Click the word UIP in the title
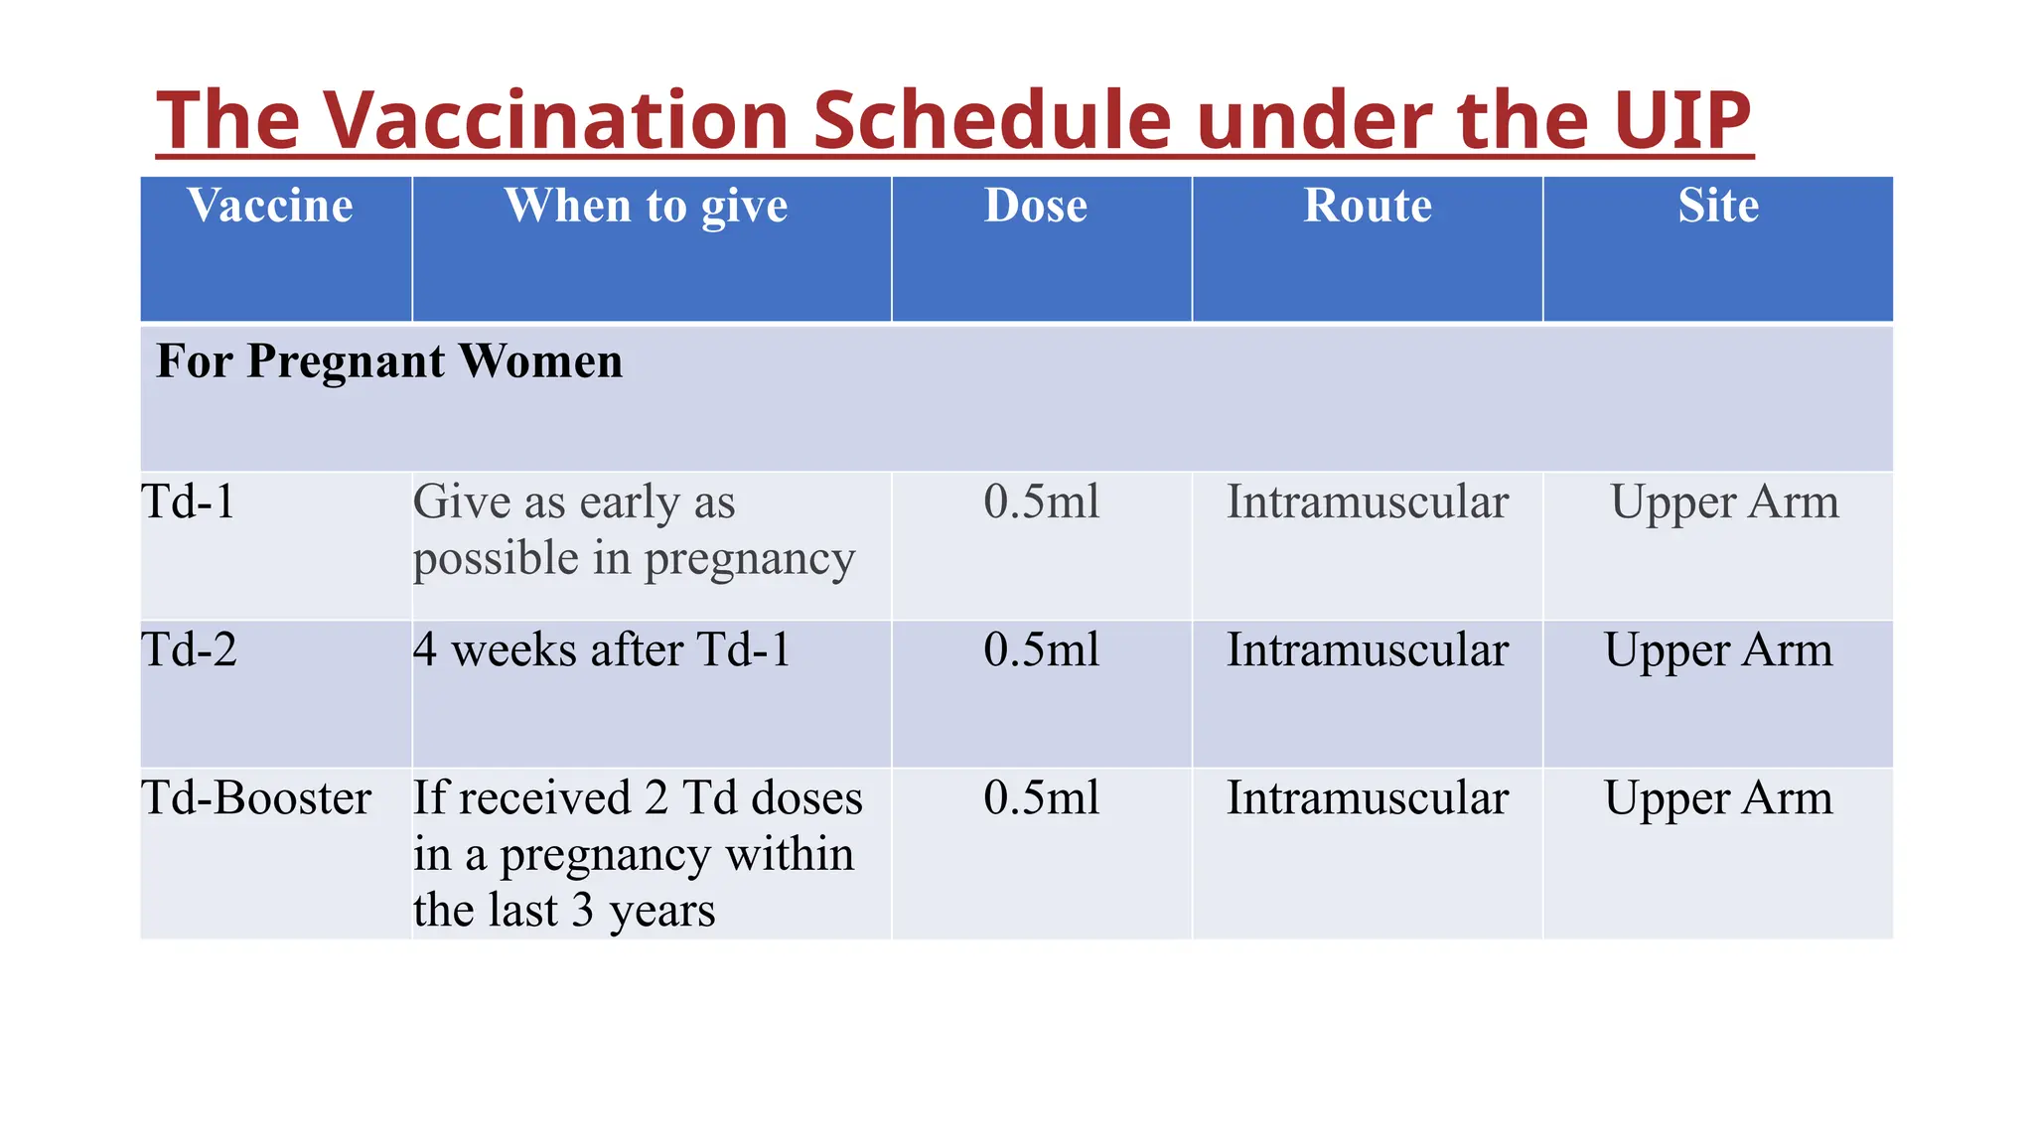pos(1681,120)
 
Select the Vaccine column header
pos(270,206)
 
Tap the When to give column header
pos(647,206)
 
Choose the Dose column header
pos(1036,206)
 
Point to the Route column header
pos(1367,206)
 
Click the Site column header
pos(1718,206)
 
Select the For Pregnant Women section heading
pos(389,360)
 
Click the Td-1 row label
pos(189,501)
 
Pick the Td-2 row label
pos(190,649)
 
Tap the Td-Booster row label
pos(256,797)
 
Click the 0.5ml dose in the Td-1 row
pos(1041,501)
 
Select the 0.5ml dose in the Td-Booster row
pos(1041,797)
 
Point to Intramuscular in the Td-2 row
pos(1367,649)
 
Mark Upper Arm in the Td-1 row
pos(1724,501)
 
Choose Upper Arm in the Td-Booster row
pos(1718,797)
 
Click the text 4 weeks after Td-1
pos(602,649)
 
